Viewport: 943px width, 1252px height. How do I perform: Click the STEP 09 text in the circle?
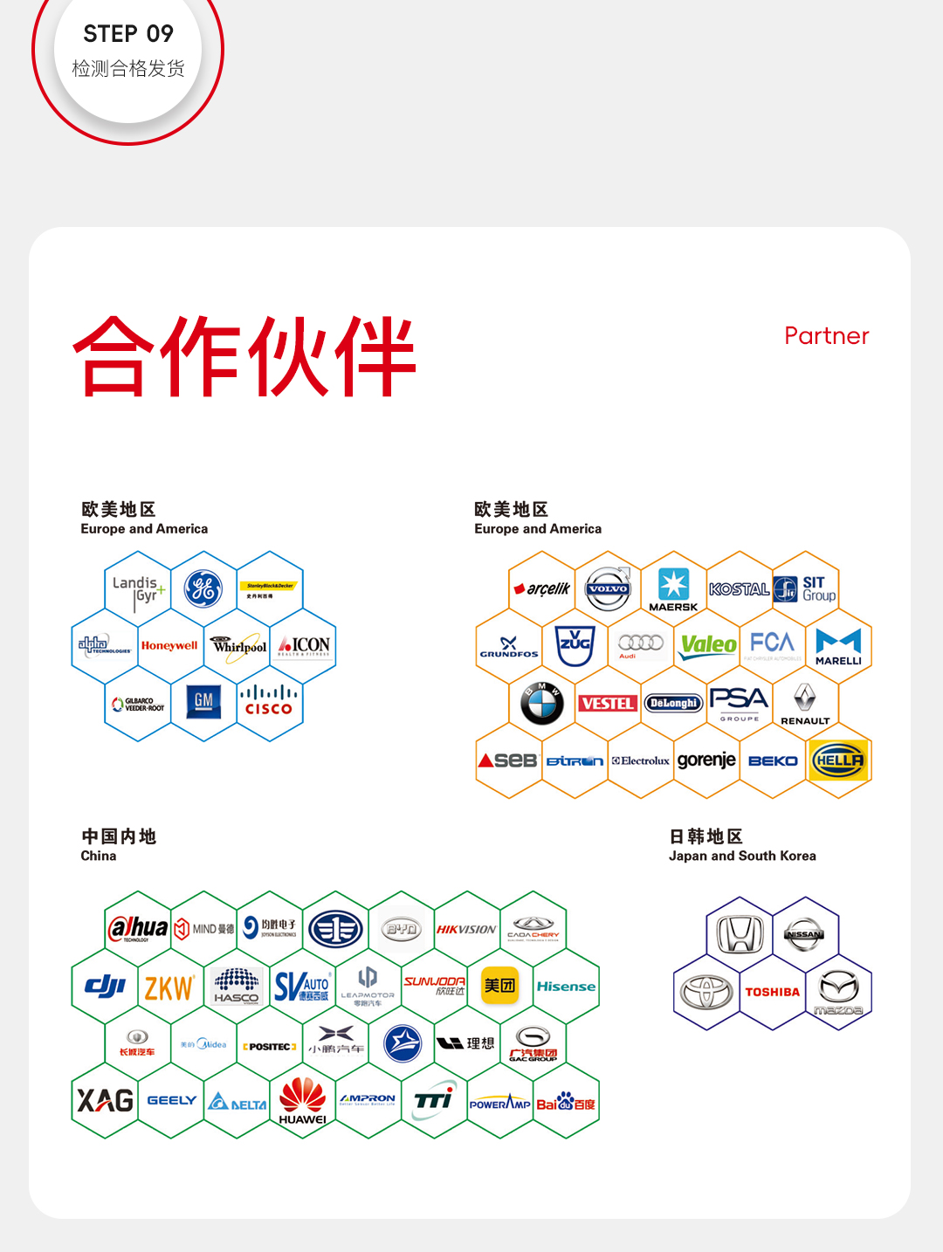(128, 34)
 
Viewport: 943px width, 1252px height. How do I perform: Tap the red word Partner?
(826, 336)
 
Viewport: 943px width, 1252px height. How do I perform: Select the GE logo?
(203, 588)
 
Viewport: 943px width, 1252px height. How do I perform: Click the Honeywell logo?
(169, 646)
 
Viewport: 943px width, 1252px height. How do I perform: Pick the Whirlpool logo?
(238, 646)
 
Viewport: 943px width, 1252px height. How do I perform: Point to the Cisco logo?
(269, 701)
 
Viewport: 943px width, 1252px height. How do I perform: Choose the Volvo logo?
(608, 588)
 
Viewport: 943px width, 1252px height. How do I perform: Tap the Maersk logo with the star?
(673, 589)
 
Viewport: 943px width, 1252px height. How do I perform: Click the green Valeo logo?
(708, 646)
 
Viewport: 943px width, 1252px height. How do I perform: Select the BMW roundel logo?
(542, 703)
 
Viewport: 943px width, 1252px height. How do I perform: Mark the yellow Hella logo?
(838, 760)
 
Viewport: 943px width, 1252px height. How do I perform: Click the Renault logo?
(804, 704)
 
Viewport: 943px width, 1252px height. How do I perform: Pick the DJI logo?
(105, 987)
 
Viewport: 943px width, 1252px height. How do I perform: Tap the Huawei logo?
(302, 1101)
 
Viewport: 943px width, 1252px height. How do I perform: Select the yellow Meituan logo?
(499, 986)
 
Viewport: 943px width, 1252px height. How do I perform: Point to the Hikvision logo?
(466, 930)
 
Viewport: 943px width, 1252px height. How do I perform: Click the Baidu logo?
(566, 1103)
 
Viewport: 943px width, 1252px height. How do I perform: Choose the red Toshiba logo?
(772, 992)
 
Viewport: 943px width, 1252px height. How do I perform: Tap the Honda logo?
(740, 934)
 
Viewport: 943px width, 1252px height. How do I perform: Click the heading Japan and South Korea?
(742, 856)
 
